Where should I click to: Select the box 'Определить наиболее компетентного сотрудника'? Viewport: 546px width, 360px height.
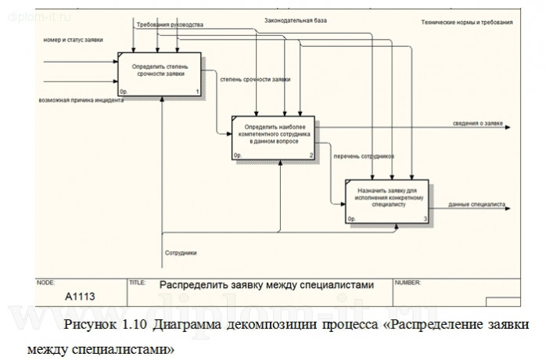277,137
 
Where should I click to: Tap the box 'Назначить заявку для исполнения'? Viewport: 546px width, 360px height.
387,201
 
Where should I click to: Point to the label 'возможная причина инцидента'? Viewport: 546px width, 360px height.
75,100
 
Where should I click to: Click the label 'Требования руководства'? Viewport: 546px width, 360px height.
169,25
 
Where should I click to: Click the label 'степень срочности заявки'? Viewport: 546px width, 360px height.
255,80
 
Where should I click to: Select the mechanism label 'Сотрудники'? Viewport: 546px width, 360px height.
181,254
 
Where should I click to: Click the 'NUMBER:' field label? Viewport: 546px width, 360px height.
408,281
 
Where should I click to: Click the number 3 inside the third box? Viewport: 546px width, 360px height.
425,220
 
